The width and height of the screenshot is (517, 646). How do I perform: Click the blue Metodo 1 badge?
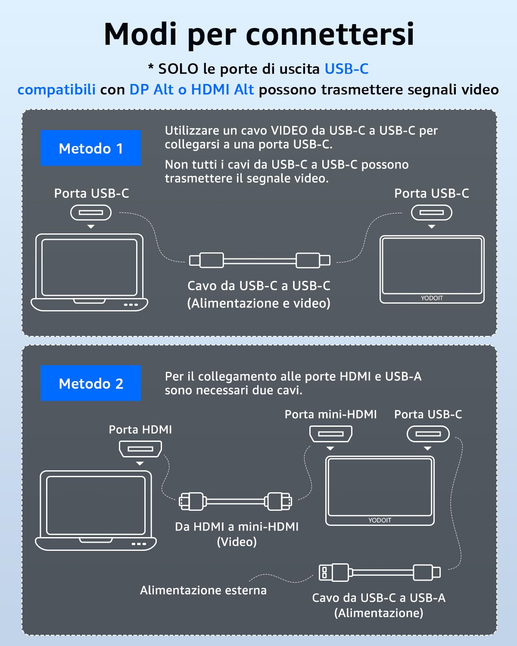(x=90, y=148)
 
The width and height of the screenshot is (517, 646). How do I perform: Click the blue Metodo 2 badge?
(x=90, y=383)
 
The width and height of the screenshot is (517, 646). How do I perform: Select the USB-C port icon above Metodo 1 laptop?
(x=91, y=212)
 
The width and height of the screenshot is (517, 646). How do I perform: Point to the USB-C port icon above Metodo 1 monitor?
(x=431, y=212)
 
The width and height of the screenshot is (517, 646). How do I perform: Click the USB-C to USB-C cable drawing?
(x=260, y=261)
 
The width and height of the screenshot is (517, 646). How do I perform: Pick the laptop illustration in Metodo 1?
(x=90, y=272)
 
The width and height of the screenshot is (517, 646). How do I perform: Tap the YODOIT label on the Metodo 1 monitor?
(x=432, y=298)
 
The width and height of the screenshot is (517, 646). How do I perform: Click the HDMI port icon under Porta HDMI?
(x=140, y=449)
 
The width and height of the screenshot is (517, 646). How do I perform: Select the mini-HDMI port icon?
(x=330, y=434)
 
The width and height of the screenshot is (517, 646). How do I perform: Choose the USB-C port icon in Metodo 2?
(x=428, y=434)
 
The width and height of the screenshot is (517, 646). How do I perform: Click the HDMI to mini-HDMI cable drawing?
(x=235, y=501)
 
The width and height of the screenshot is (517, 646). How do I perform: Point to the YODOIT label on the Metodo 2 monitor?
(x=380, y=520)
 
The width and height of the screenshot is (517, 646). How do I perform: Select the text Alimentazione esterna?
(x=203, y=590)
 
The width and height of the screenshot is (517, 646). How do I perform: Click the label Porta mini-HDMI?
(x=330, y=414)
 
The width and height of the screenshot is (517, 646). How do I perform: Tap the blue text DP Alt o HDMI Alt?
(x=192, y=90)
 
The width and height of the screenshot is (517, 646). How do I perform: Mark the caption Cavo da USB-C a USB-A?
(x=379, y=598)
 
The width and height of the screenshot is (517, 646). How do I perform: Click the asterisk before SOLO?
(x=151, y=67)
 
